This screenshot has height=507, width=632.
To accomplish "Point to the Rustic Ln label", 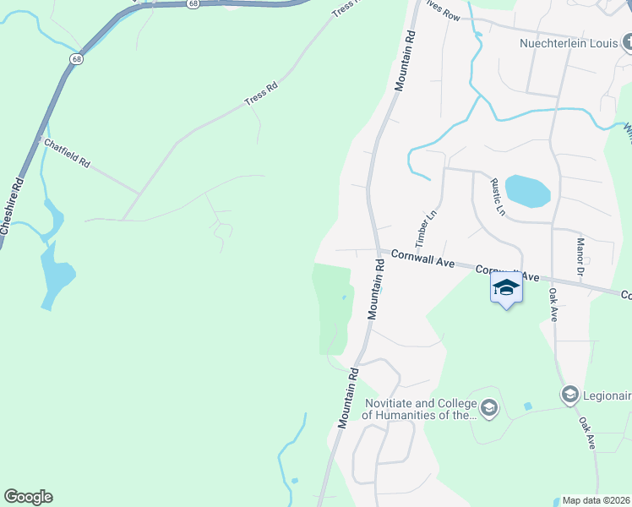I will [497, 197].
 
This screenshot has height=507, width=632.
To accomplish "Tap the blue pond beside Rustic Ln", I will [527, 192].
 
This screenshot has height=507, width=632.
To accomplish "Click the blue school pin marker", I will [506, 289].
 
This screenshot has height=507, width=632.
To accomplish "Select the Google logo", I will [28, 497].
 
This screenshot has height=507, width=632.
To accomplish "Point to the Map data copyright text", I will [596, 500].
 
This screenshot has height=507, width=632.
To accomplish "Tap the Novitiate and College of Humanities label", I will [420, 410].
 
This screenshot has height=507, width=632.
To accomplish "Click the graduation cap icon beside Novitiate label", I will [490, 410].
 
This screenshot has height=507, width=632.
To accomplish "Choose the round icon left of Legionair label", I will [569, 395].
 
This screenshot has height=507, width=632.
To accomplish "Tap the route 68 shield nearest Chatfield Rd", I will [77, 59].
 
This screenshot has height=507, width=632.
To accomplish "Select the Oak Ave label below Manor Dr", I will [553, 305].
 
